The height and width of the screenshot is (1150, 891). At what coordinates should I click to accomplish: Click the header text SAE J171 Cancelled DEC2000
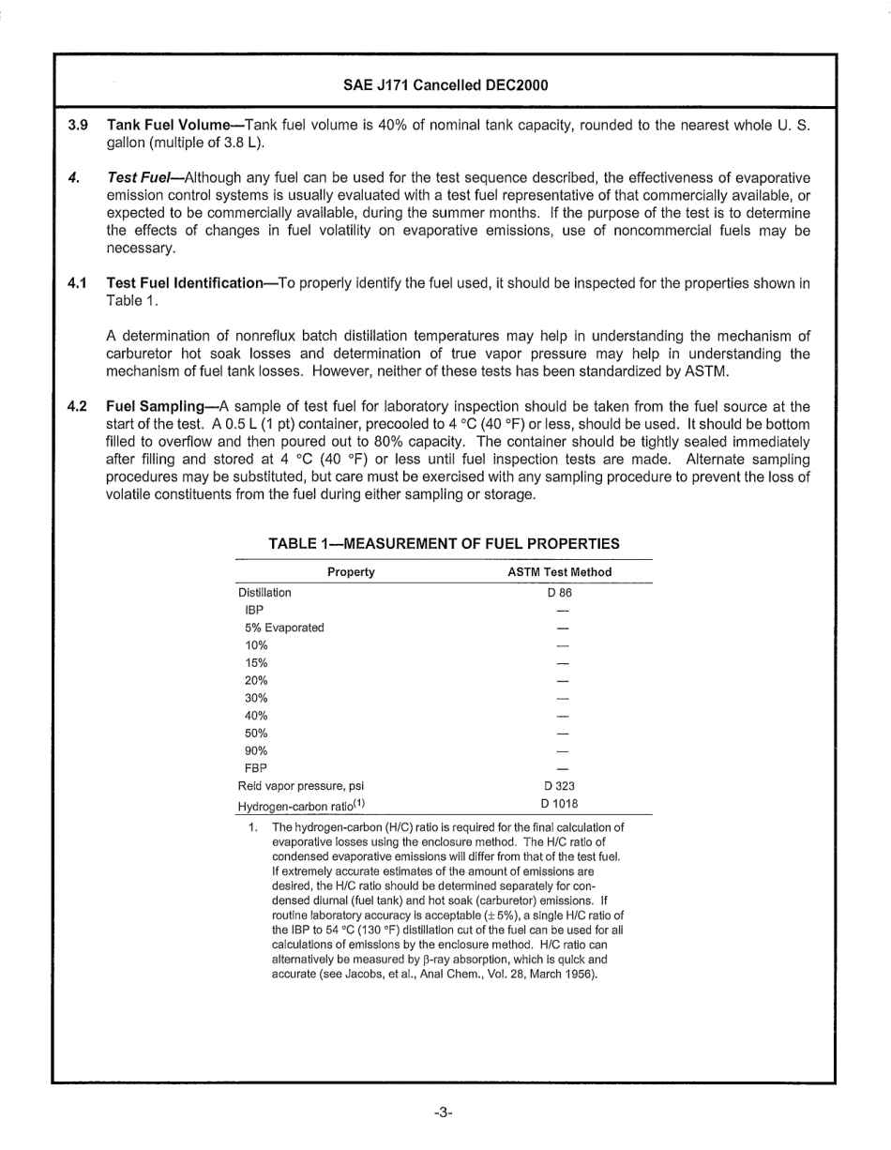coord(445,85)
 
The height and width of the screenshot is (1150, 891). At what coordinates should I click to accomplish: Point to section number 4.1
coord(78,283)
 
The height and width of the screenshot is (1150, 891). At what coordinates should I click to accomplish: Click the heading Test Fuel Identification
coord(186,283)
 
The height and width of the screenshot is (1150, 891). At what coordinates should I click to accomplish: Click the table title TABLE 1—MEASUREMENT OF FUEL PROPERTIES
coord(444,543)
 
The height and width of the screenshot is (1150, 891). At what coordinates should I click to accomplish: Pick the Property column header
coord(351,572)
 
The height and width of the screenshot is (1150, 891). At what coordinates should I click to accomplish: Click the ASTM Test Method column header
coord(559,572)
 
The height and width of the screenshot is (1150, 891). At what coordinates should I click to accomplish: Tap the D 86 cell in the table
coord(559,593)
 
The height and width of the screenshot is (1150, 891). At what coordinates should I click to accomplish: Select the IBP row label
coord(254,611)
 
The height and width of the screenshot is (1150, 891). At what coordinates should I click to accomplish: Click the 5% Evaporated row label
coord(284,628)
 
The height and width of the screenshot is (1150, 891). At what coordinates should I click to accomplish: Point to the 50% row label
coord(256,733)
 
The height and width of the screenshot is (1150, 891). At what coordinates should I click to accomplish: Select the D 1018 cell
coord(560,803)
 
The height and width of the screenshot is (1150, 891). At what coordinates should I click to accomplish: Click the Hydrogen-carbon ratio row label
coord(300,805)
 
